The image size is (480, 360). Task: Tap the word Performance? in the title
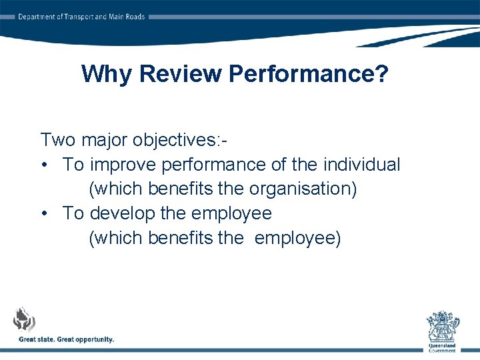[308, 74]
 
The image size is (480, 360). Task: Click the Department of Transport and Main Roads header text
[81, 17]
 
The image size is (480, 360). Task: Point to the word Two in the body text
[58, 140]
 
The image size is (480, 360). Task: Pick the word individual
[361, 164]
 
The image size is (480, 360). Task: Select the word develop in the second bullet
[123, 213]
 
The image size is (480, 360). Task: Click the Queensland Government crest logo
[442, 326]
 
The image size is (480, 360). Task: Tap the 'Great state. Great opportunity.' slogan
[67, 339]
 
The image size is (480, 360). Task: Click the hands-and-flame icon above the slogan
[25, 319]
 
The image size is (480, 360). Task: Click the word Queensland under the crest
[442, 346]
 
